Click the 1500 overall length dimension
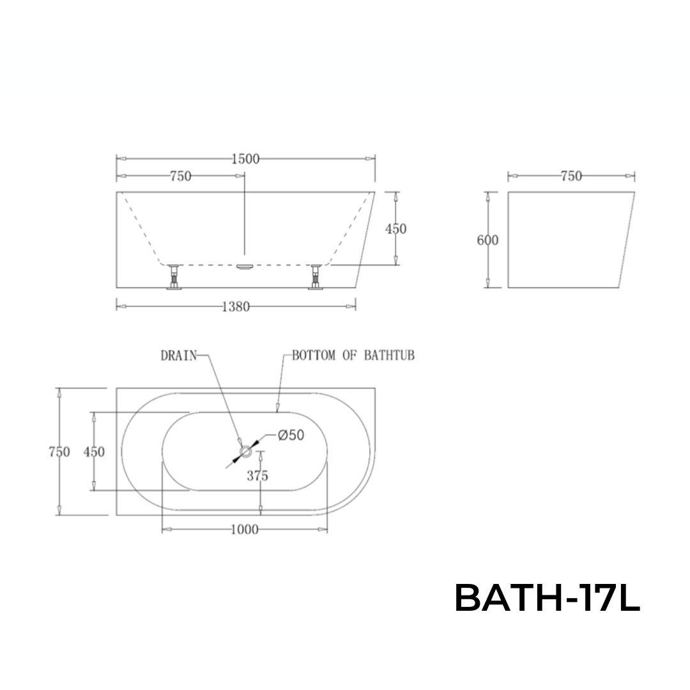click(x=245, y=159)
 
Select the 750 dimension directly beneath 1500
click(x=181, y=176)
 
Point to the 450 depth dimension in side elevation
click(x=396, y=229)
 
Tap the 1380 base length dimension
click(x=235, y=307)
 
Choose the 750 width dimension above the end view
click(x=571, y=176)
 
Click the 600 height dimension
click(x=488, y=240)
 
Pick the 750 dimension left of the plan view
click(x=59, y=452)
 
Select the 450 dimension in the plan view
click(x=94, y=452)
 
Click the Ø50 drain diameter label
click(x=291, y=435)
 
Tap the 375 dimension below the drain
click(x=258, y=475)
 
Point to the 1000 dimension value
click(x=245, y=530)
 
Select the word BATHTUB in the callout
click(x=389, y=356)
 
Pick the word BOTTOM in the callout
click(x=314, y=356)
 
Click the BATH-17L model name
click(x=547, y=599)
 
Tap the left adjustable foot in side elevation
click(x=173, y=278)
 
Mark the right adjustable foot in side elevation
click(x=316, y=278)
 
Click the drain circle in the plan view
click(x=245, y=452)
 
